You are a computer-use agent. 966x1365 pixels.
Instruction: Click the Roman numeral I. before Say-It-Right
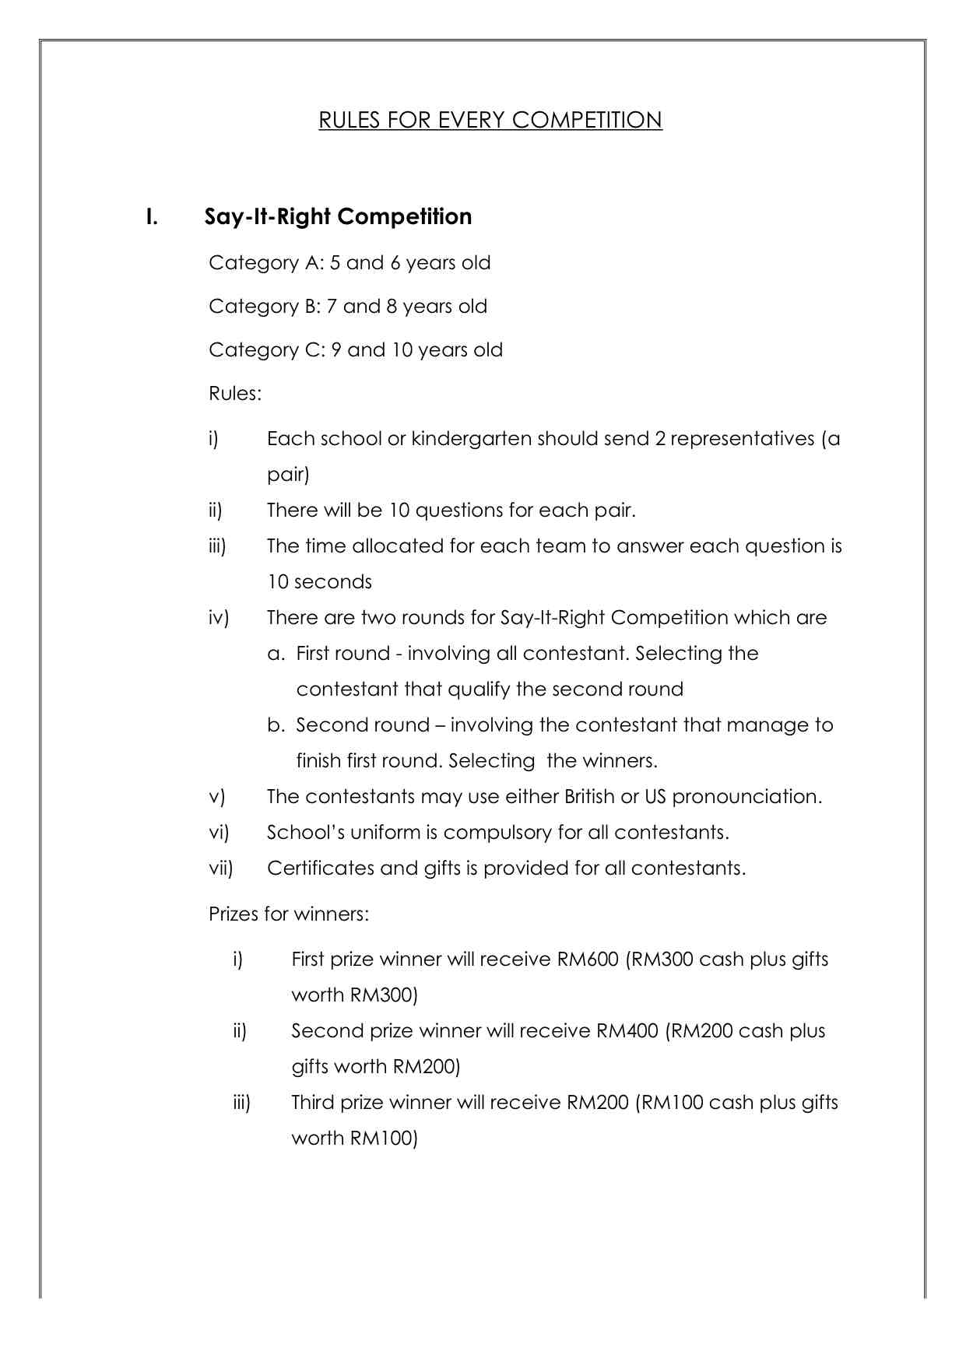tap(152, 216)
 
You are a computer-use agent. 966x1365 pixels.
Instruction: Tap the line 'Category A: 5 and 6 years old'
tap(350, 263)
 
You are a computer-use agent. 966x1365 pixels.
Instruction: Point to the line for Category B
tap(347, 307)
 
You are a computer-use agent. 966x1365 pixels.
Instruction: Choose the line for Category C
tap(355, 350)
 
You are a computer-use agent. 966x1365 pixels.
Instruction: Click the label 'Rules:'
tap(235, 394)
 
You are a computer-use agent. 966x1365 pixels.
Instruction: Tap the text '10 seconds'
tap(319, 582)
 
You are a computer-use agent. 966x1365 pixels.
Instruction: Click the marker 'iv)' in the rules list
tap(219, 618)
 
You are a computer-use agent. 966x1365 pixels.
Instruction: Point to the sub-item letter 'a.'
tap(276, 654)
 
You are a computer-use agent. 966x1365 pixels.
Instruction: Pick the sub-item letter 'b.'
tap(276, 725)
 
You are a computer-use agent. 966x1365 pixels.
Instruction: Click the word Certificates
tap(320, 868)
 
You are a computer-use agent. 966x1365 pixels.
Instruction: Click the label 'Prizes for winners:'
tap(288, 914)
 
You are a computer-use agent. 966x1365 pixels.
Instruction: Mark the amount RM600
tap(588, 960)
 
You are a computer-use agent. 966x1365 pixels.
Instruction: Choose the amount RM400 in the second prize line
tap(627, 1031)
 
